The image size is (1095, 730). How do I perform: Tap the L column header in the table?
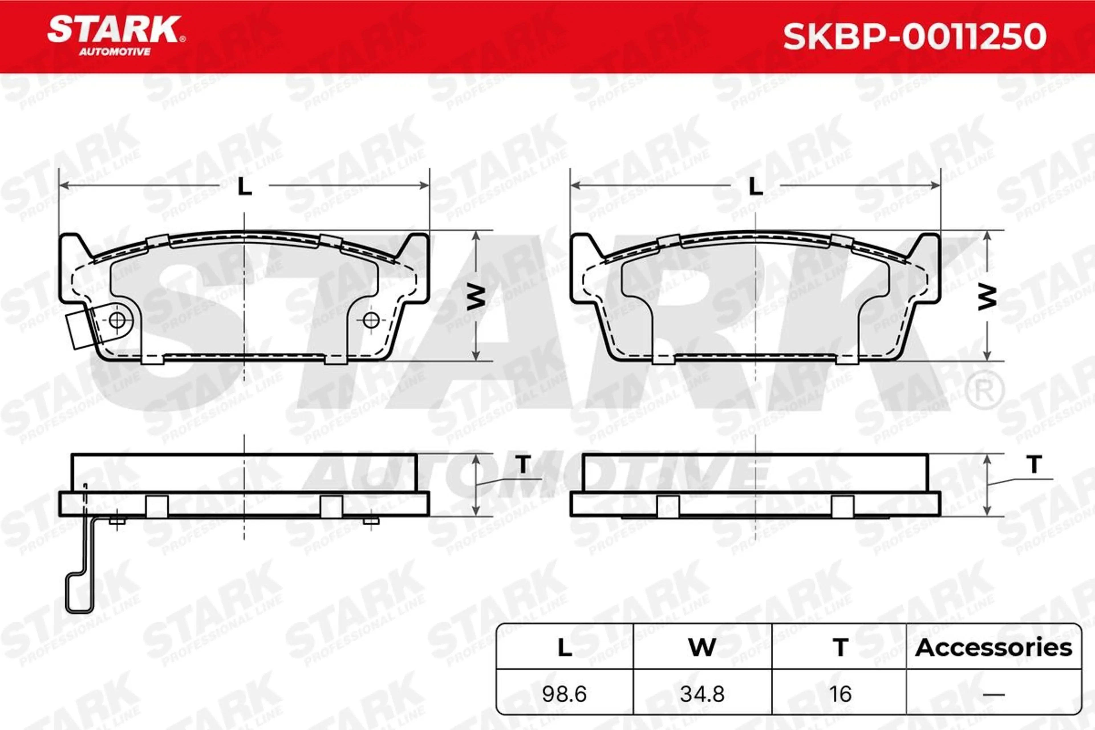coord(565,648)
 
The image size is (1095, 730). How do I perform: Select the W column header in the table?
coord(702,648)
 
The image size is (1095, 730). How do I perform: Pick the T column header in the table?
coord(840,648)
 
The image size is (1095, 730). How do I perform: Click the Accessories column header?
coord(993,648)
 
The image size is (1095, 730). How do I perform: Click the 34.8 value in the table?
coord(702,694)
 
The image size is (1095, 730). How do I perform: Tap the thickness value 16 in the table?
coord(840,694)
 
